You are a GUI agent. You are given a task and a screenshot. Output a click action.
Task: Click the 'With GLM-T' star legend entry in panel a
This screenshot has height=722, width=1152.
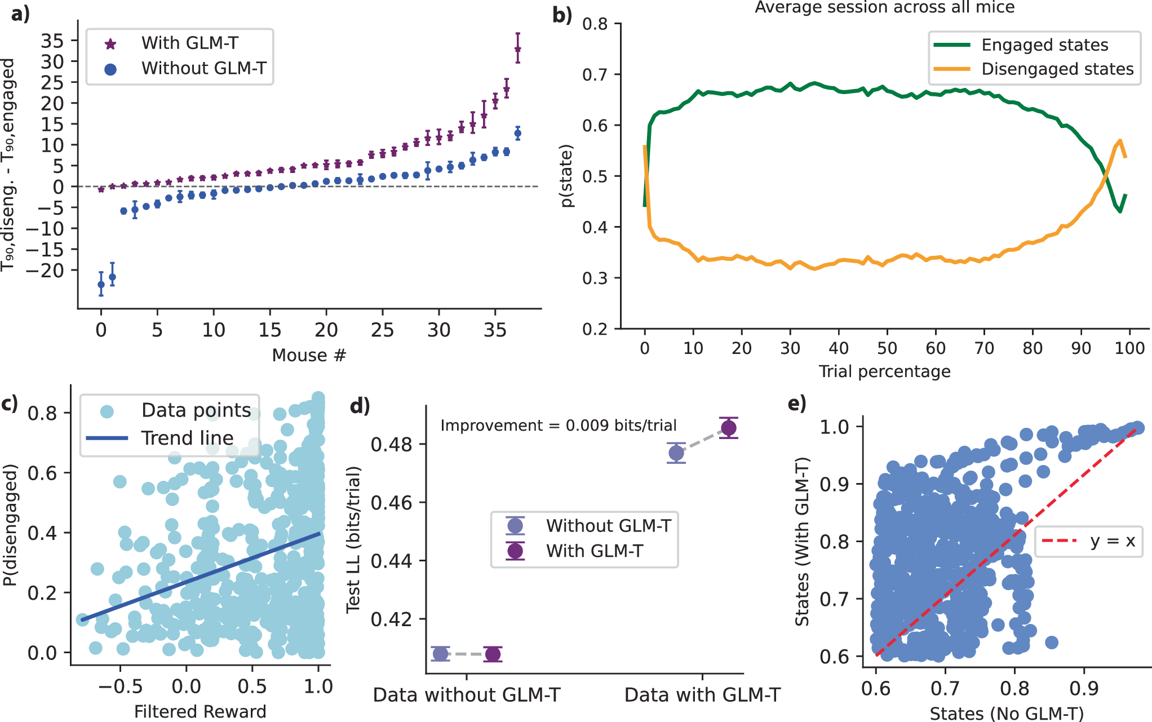(189, 43)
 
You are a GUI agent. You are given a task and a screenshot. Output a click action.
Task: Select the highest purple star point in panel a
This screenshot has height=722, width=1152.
(517, 50)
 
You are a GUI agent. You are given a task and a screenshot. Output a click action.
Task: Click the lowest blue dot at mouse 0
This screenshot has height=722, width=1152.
(101, 285)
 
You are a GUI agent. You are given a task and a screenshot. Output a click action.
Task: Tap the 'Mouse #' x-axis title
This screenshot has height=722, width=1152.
(308, 355)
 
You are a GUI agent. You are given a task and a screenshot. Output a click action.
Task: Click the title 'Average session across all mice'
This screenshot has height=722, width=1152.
(884, 7)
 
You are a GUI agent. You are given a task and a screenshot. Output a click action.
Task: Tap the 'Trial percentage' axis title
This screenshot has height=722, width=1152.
(884, 371)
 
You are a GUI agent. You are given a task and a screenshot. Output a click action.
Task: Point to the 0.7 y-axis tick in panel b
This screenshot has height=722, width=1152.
(595, 74)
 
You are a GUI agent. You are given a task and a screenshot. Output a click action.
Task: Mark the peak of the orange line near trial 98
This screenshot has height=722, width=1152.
(1119, 141)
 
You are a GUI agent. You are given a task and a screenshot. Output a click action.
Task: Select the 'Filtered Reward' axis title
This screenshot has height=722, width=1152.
(200, 712)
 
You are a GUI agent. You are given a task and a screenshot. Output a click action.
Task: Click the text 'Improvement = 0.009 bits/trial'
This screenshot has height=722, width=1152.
(558, 426)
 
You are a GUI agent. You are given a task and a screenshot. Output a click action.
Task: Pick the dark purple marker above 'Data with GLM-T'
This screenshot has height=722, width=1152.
(728, 428)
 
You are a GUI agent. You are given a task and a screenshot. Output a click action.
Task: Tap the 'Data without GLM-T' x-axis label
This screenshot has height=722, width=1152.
(467, 695)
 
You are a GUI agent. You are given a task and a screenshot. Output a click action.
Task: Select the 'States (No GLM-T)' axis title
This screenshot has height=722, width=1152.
(1007, 714)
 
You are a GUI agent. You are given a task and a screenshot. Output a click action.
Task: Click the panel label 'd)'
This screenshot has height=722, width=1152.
(360, 405)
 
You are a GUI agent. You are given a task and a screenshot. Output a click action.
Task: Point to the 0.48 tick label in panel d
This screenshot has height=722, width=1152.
(392, 445)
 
